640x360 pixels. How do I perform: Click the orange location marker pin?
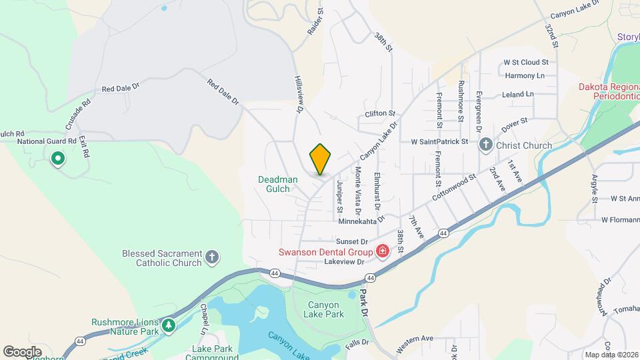[x=320, y=159]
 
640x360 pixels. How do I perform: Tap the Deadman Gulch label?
[x=275, y=184]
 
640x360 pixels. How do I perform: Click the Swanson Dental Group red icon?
[x=383, y=251]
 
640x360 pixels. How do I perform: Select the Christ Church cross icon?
[x=487, y=145]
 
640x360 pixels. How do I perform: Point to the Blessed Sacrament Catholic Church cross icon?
[x=211, y=257]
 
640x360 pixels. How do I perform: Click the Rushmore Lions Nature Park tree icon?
[x=169, y=325]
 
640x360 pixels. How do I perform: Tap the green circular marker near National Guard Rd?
[x=57, y=159]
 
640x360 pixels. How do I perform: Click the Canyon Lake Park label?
[x=324, y=309]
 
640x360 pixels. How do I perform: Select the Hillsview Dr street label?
[x=299, y=93]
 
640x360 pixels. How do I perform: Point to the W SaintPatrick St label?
[x=439, y=142]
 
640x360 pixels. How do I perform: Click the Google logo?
[x=22, y=351]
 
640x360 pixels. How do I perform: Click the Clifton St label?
[x=380, y=114]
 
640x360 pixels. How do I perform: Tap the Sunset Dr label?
[x=352, y=241]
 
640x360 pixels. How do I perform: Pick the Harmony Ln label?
[x=525, y=75]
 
